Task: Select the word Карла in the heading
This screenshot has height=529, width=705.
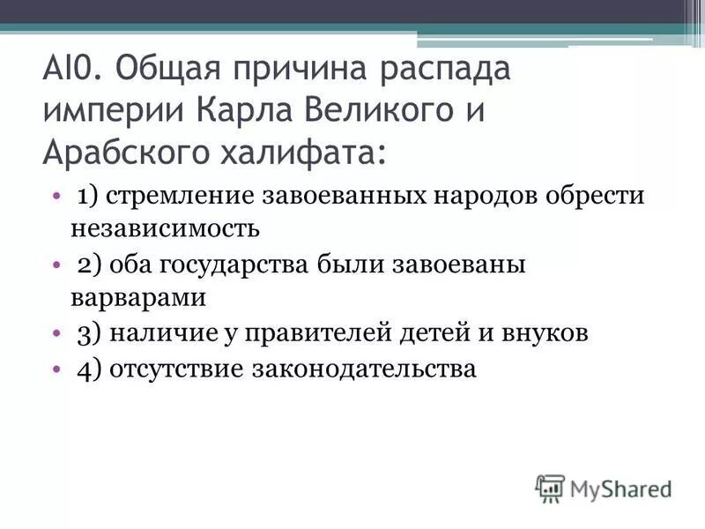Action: pyautogui.click(x=243, y=113)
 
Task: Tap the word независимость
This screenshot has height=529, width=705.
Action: pyautogui.click(x=165, y=229)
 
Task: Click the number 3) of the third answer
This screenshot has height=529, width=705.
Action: pyautogui.click(x=88, y=333)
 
